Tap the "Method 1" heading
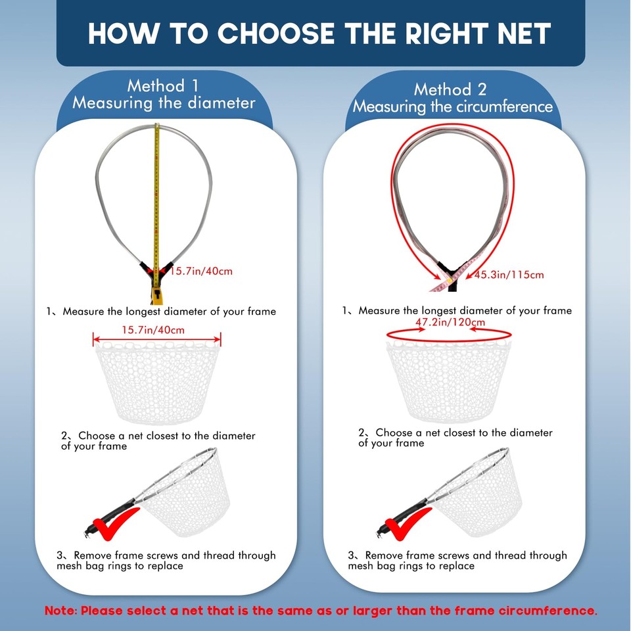pos(163,85)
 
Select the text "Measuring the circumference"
pos(452,106)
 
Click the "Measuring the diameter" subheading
pos(163,103)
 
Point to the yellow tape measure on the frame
pos(156,197)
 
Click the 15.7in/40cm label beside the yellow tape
pos(201,271)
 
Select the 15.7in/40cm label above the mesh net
pos(153,329)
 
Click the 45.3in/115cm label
pos(509,275)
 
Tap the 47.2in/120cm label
pos(450,322)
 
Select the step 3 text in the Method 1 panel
pos(166,561)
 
